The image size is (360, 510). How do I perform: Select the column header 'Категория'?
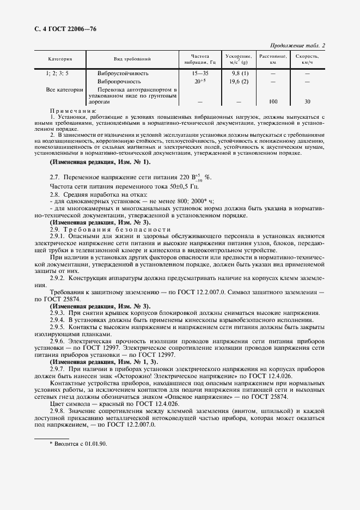(60, 59)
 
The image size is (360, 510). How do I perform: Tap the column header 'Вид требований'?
(132, 59)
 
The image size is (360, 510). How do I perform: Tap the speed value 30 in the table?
(307, 101)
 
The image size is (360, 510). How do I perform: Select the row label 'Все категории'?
(64, 89)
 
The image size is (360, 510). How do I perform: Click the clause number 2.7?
(55, 178)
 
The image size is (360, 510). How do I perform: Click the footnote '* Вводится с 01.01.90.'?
(78, 444)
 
